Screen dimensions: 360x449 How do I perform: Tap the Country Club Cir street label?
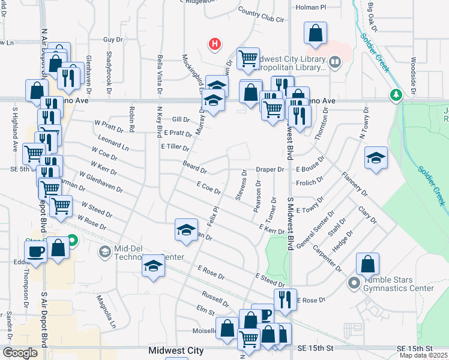tap(261, 15)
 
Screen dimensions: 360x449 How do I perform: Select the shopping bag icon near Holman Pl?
tap(315, 34)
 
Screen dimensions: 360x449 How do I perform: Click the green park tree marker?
tap(396, 94)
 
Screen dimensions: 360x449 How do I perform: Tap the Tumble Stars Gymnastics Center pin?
tap(354, 282)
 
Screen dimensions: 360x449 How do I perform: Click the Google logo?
tap(20, 353)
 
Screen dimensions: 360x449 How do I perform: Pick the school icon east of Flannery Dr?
tap(375, 158)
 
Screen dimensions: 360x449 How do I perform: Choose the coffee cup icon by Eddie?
tap(35, 251)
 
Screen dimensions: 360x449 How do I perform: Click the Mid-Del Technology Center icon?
tap(105, 251)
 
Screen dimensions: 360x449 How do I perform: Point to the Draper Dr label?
tap(270, 170)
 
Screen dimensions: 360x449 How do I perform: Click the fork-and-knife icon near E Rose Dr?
tap(285, 299)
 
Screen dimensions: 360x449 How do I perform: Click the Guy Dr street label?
tap(113, 40)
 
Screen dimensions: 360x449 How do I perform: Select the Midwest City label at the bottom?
tap(176, 350)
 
